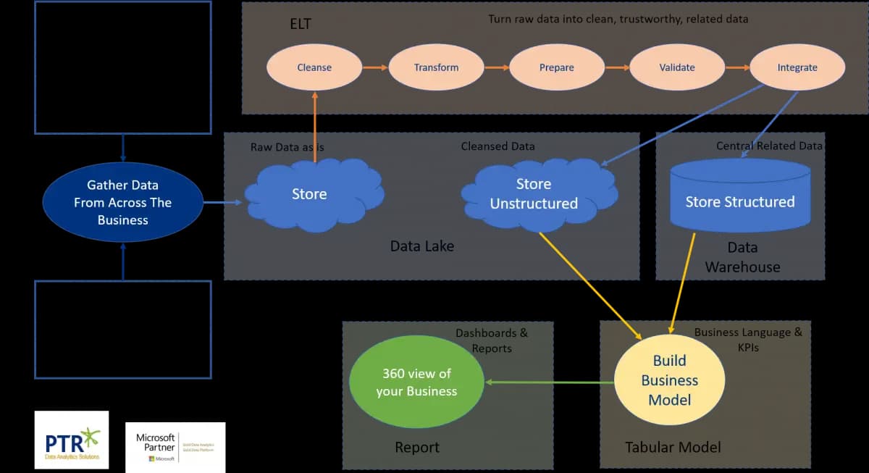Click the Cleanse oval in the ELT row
point(314,67)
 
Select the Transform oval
point(436,67)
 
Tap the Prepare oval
point(556,67)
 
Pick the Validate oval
point(677,67)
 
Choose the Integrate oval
point(797,67)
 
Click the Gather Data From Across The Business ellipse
point(122,202)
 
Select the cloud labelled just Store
point(311,194)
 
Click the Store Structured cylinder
point(740,201)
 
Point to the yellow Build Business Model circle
point(669,380)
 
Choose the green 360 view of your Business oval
point(416,382)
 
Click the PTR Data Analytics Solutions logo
point(72,440)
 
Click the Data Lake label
point(421,246)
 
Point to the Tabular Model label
point(673,447)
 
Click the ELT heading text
point(300,25)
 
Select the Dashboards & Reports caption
point(492,340)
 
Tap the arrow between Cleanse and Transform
point(375,67)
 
